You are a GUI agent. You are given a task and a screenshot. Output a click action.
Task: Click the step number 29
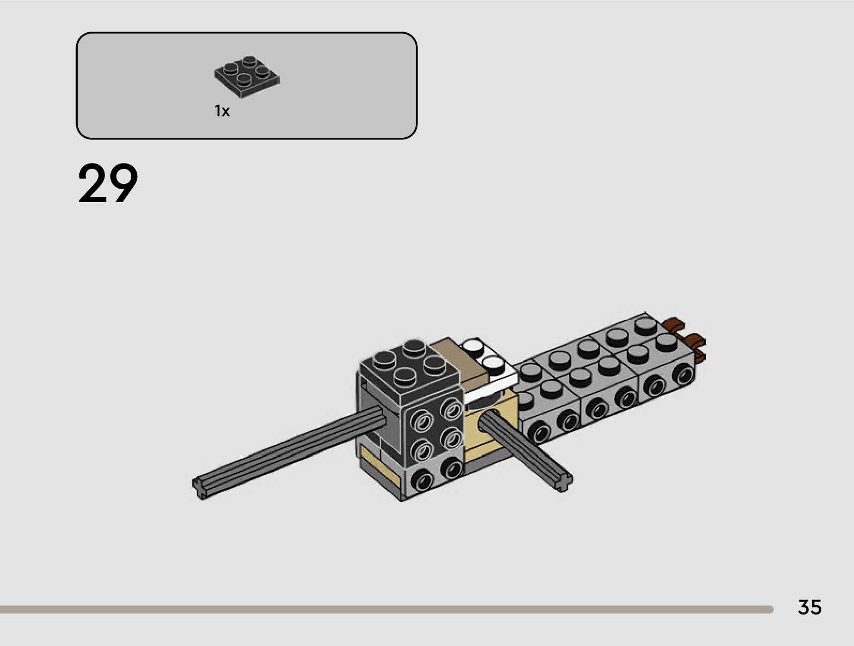(108, 183)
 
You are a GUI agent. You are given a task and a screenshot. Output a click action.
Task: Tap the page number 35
(810, 607)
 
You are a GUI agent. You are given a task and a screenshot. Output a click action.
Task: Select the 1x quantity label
(222, 112)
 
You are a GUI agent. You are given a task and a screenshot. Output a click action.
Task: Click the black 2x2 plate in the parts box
(247, 77)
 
